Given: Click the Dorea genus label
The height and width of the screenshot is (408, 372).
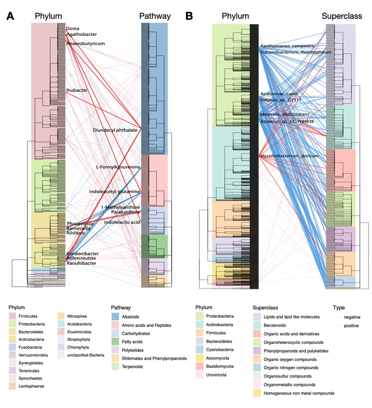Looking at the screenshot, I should [73, 29].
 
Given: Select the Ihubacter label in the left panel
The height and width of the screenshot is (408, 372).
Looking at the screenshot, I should [77, 90].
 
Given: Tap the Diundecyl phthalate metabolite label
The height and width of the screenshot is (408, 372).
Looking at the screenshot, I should [115, 130].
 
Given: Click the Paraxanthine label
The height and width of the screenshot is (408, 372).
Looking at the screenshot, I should [125, 212].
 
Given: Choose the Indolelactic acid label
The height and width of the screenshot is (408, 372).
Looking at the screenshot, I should [122, 222].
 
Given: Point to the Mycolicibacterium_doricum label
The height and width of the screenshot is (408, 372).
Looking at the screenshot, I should [289, 156].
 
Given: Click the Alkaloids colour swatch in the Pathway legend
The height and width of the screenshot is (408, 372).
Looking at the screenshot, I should [116, 317].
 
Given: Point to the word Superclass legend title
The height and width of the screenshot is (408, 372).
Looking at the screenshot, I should [267, 308].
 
